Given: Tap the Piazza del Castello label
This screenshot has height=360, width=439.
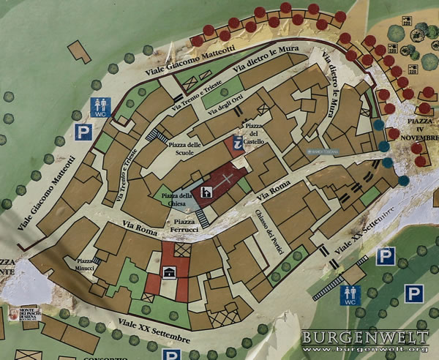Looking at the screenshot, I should (253, 133).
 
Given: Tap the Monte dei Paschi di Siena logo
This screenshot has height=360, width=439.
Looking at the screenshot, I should (14, 316).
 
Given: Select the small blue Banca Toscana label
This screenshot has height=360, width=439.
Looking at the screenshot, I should (322, 152).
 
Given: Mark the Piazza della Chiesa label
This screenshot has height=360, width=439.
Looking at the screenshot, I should (177, 198).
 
